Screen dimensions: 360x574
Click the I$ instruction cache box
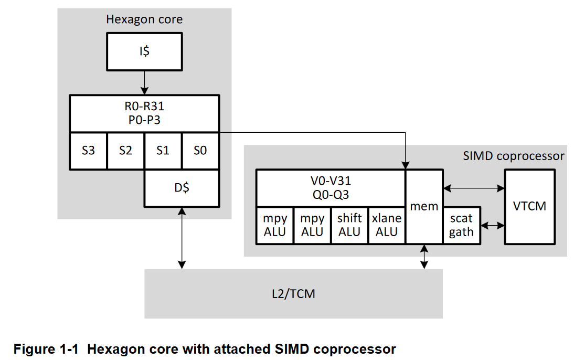(x=144, y=51)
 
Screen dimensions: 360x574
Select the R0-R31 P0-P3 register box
(x=144, y=113)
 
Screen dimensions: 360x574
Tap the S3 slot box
(x=88, y=151)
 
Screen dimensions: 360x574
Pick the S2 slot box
(x=125, y=151)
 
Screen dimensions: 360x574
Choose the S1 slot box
(x=163, y=151)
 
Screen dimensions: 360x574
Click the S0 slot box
(x=200, y=151)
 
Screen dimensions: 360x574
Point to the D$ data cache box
(x=182, y=188)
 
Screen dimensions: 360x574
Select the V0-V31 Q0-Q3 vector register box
(x=331, y=188)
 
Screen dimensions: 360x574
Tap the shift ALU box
(x=349, y=225)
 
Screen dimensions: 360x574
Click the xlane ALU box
(x=387, y=225)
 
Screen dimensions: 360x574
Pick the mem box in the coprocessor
(x=424, y=206)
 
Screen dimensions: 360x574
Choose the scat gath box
(x=461, y=225)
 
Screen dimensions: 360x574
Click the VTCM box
(x=529, y=206)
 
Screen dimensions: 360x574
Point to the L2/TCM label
(x=294, y=293)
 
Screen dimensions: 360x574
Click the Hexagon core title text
(x=144, y=20)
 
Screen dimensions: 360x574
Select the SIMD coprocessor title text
(x=514, y=156)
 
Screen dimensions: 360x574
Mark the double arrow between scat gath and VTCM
(x=492, y=225)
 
